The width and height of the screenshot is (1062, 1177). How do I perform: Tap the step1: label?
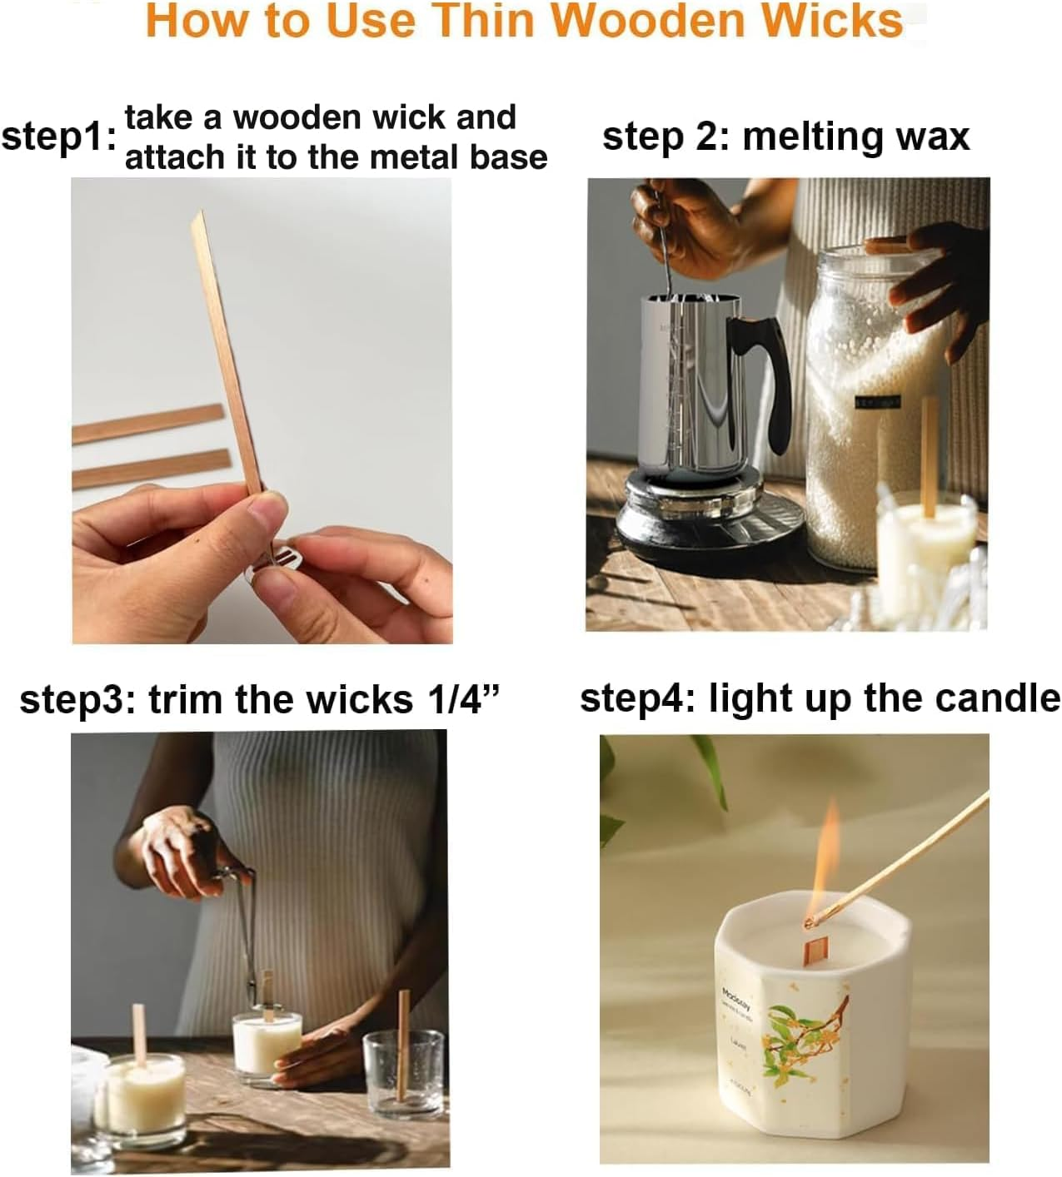coord(58,137)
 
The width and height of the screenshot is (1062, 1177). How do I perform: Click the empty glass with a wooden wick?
coord(403,1074)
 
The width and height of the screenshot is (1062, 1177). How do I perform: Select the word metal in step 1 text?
coord(414,157)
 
